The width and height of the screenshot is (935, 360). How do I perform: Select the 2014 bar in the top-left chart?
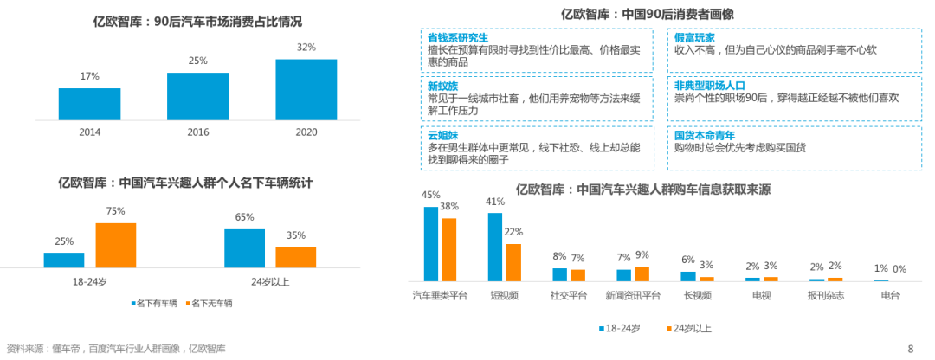(89, 104)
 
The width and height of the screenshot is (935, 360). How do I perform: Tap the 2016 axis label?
(197, 132)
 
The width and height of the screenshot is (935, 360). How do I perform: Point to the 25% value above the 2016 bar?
(197, 61)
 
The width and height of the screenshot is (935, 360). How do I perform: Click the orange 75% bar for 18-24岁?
(116, 245)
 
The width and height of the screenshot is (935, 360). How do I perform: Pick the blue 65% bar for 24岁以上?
(244, 247)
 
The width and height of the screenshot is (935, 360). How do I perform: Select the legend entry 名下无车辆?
(210, 304)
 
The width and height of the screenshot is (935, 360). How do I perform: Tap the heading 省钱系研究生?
(458, 38)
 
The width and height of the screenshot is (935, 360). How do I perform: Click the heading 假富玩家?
(694, 38)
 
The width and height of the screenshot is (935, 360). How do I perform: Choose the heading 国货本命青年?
(706, 136)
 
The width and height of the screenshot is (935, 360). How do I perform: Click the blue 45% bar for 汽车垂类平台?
(430, 244)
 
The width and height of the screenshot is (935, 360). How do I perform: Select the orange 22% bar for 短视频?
(513, 262)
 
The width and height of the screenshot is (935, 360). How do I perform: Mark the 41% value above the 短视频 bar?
(494, 202)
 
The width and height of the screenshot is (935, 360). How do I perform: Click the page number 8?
(910, 349)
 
